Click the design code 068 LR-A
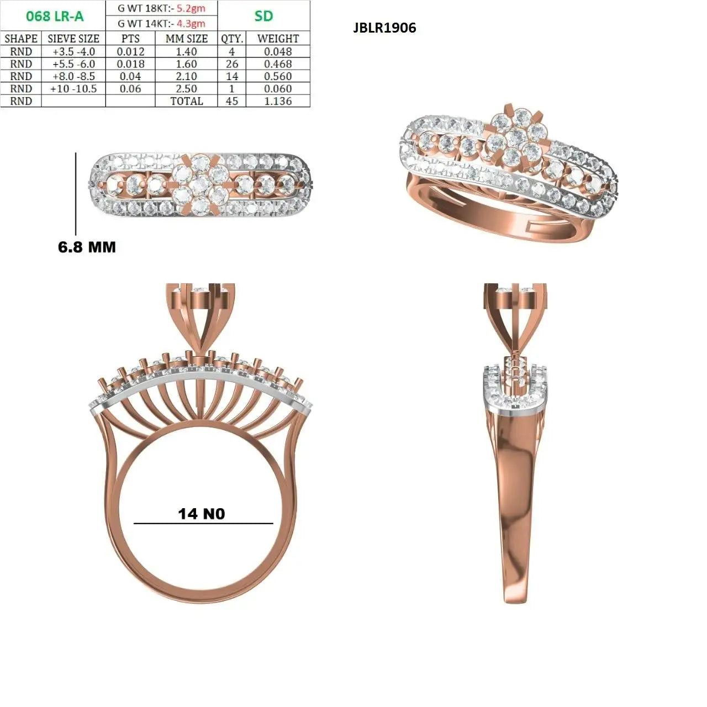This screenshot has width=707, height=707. [x=55, y=16]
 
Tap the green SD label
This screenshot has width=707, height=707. [x=263, y=16]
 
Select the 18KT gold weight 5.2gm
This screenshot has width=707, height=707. [x=191, y=8]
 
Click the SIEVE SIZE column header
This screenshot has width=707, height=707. [x=73, y=39]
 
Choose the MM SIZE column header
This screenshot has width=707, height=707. [x=186, y=39]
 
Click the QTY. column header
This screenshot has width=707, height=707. [x=232, y=39]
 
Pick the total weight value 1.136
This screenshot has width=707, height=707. [x=278, y=101]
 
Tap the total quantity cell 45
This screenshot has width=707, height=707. [x=232, y=101]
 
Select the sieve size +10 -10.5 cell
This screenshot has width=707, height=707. [x=73, y=89]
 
